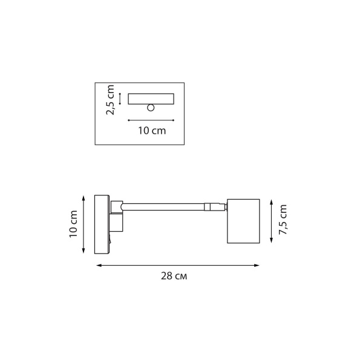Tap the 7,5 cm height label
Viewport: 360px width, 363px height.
click(282, 220)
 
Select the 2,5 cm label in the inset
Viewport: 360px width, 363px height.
click(110, 100)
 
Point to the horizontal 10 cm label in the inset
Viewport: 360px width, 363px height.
click(152, 130)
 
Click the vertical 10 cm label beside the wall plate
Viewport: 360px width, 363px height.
click(73, 223)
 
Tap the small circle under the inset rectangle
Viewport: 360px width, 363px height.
click(150, 108)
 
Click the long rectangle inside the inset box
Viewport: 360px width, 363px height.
click(151, 98)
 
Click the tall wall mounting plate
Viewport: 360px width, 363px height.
click(101, 224)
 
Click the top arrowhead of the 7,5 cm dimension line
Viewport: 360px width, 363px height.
click(270, 199)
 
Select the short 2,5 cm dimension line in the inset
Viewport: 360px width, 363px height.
click(120, 99)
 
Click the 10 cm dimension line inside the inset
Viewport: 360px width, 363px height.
click(151, 120)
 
